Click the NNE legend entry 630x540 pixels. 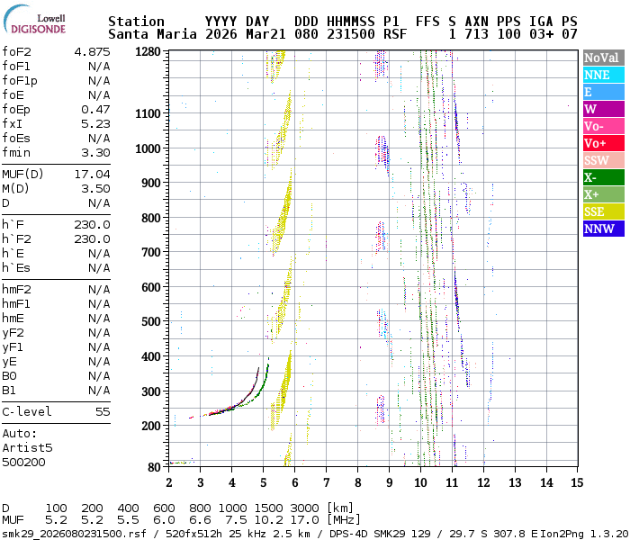coord(601,75)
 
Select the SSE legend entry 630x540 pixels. coord(601,211)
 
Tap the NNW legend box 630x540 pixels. coord(601,229)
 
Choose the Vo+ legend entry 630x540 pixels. coord(601,143)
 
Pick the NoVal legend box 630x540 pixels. coord(601,58)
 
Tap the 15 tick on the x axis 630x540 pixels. coord(575,482)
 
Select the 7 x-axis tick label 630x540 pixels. coord(326,482)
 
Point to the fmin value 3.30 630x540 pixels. coord(95,153)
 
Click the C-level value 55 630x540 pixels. coord(103,411)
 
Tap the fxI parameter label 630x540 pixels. coord(12,124)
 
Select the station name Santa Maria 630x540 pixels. coord(148,34)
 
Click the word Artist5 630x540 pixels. coord(27,447)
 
